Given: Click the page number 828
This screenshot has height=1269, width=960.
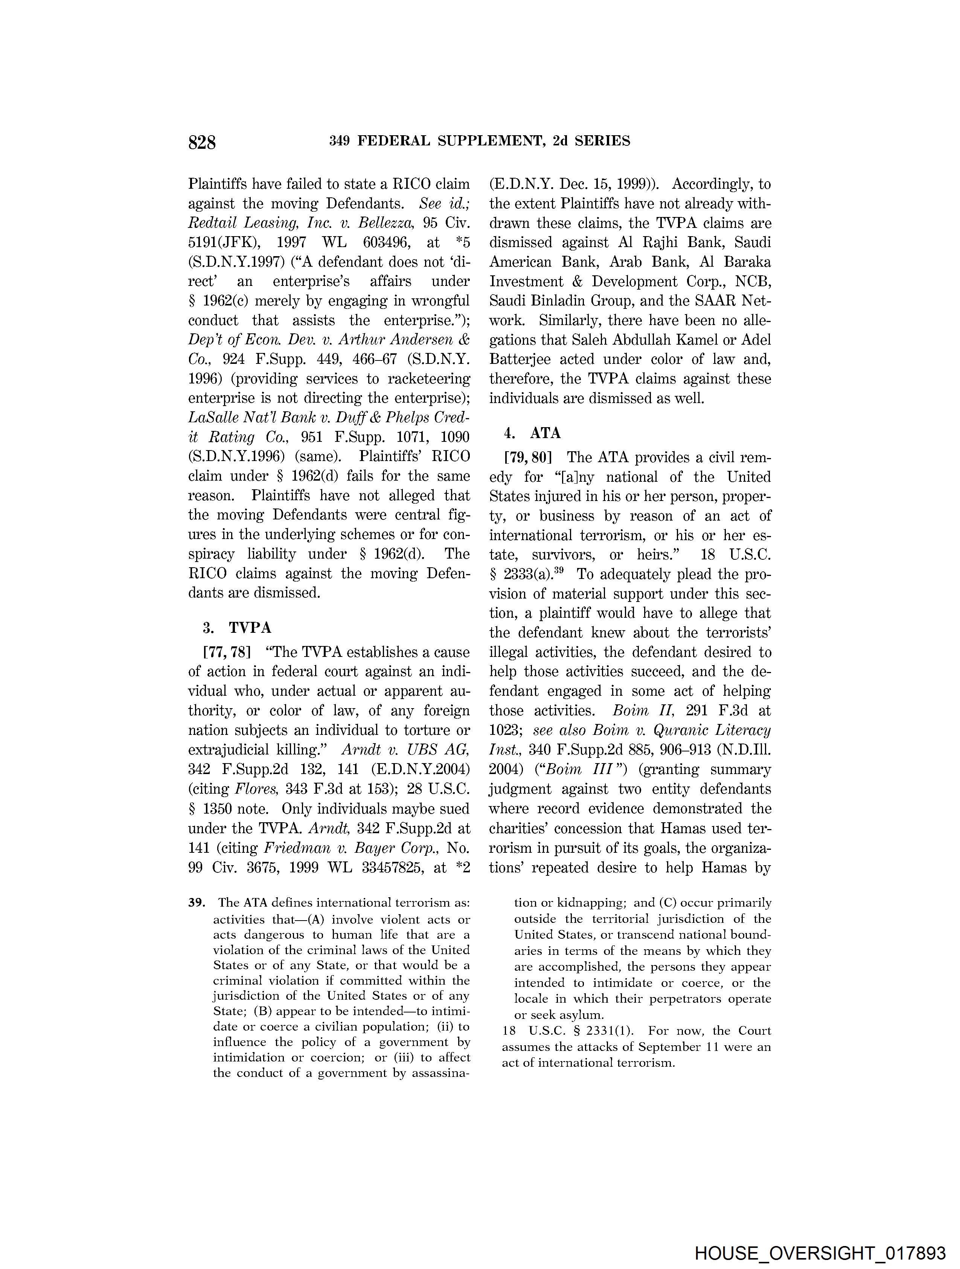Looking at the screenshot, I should coord(202,142).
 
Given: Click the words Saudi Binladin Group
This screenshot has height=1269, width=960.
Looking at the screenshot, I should coord(561,301).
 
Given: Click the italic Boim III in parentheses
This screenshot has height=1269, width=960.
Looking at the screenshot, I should coord(577,769).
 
